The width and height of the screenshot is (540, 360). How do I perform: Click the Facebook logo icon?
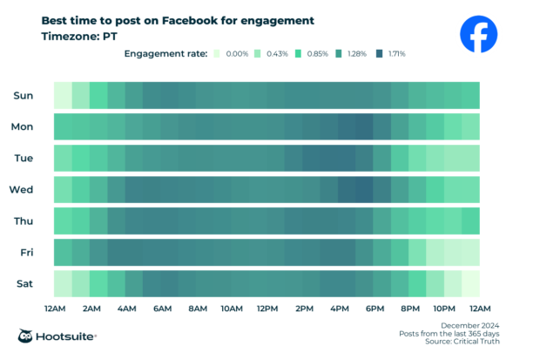[478, 35]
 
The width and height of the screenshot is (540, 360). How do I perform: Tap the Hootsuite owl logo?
[28, 336]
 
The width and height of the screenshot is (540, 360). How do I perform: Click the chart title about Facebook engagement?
[178, 19]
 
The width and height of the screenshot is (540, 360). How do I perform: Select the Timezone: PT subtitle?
[79, 37]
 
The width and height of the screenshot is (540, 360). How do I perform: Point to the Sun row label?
[24, 94]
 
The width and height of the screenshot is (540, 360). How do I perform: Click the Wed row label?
[22, 189]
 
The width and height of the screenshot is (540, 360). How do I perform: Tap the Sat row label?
[24, 283]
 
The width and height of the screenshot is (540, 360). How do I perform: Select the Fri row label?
[26, 252]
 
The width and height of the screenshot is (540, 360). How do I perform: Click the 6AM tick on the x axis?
[161, 309]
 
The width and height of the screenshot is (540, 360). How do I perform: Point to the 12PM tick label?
[267, 309]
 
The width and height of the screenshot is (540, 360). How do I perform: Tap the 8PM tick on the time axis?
[409, 309]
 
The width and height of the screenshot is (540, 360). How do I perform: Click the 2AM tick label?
[90, 309]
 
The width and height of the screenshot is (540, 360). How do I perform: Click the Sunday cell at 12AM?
[63, 94]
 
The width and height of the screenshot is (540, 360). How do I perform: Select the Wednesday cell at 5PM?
[364, 189]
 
